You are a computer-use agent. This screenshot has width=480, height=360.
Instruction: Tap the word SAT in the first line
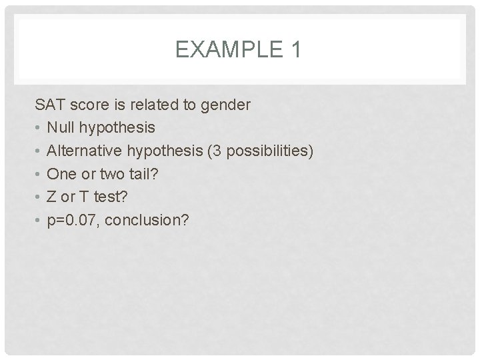coord(46,105)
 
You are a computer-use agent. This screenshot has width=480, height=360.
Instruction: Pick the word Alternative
coord(81,150)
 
